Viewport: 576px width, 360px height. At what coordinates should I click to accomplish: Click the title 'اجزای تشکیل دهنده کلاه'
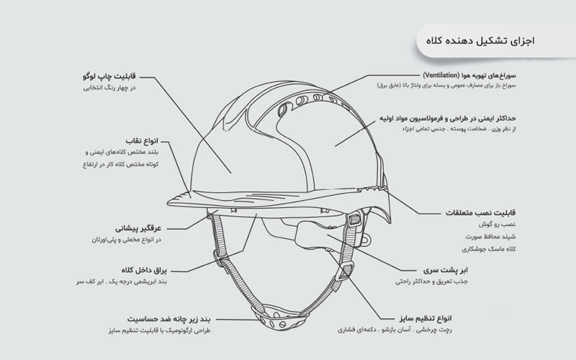click(480, 40)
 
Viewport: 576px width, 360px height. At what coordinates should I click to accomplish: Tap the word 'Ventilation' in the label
click(441, 76)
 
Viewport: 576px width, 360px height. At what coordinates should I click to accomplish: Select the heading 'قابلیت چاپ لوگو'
click(109, 76)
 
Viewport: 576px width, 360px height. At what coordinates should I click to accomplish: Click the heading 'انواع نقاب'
click(142, 141)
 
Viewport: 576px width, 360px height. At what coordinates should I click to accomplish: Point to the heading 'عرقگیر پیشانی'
click(138, 228)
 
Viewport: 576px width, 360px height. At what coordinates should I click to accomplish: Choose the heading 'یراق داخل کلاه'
click(144, 271)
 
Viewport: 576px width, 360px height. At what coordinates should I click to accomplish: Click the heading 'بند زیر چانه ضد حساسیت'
click(169, 319)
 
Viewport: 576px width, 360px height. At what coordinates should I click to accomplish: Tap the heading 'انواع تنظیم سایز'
click(426, 318)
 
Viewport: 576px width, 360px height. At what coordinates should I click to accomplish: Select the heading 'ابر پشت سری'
click(445, 271)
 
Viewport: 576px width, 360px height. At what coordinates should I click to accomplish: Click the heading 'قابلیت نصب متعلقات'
click(480, 212)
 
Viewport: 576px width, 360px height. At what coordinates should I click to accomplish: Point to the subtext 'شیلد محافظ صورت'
click(490, 237)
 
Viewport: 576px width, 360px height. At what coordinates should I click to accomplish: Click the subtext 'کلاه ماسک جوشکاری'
click(489, 249)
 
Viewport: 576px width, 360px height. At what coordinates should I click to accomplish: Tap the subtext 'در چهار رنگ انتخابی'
click(109, 88)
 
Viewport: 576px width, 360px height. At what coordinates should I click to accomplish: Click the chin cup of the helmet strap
click(279, 316)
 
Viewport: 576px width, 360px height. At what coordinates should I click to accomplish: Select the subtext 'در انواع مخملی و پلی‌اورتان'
click(127, 240)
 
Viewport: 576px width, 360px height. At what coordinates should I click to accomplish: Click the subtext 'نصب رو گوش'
click(497, 224)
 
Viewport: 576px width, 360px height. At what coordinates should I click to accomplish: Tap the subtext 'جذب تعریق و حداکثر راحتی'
click(431, 282)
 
